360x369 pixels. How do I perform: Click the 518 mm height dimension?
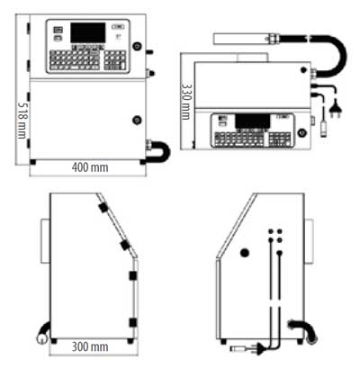click(22, 121)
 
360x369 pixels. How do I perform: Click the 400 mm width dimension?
click(90, 167)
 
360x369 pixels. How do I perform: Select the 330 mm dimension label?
click(186, 102)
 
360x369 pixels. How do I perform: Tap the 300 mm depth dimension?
click(90, 346)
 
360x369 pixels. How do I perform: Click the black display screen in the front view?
click(88, 32)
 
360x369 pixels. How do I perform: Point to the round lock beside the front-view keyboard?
click(137, 46)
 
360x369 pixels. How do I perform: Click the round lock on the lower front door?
click(137, 121)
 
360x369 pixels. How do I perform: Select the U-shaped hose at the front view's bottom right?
click(159, 151)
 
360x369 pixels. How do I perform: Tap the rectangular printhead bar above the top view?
click(239, 39)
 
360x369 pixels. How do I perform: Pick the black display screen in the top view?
click(253, 121)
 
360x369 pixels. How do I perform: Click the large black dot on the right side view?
click(245, 253)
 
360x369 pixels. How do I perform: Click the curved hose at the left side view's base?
click(43, 333)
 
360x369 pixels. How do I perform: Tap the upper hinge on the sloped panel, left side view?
click(103, 207)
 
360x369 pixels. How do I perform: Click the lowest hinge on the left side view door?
click(132, 323)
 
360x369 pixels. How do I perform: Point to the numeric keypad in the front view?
click(115, 60)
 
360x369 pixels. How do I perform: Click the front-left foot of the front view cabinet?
click(32, 162)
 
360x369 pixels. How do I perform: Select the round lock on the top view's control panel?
click(301, 132)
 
